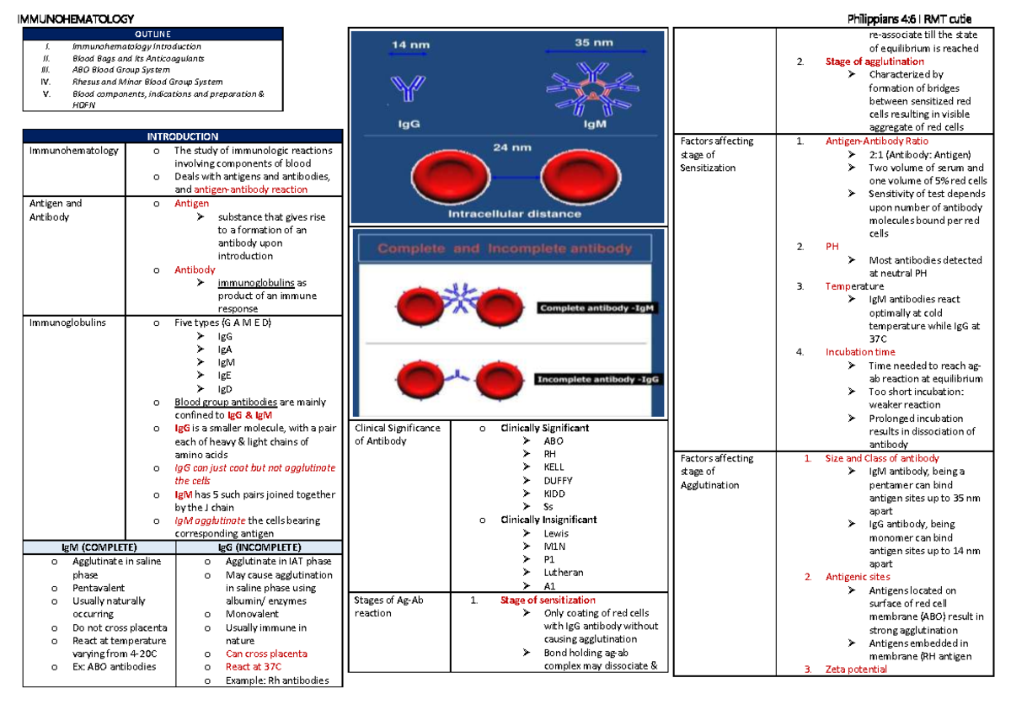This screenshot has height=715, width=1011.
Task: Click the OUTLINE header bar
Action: tap(182, 33)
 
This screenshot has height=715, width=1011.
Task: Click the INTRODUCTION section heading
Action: tap(183, 136)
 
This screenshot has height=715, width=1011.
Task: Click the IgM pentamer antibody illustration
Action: tap(593, 93)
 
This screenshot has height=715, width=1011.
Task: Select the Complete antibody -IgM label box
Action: tap(598, 308)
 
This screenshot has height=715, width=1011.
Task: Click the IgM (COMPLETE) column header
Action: tap(99, 547)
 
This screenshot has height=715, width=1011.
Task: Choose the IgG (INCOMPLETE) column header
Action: tap(259, 547)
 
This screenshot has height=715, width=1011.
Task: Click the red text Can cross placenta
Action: tap(266, 654)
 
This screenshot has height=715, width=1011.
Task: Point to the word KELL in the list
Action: tap(554, 467)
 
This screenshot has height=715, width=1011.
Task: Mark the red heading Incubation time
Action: tap(860, 352)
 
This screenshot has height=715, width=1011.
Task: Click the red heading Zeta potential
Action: tap(856, 670)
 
